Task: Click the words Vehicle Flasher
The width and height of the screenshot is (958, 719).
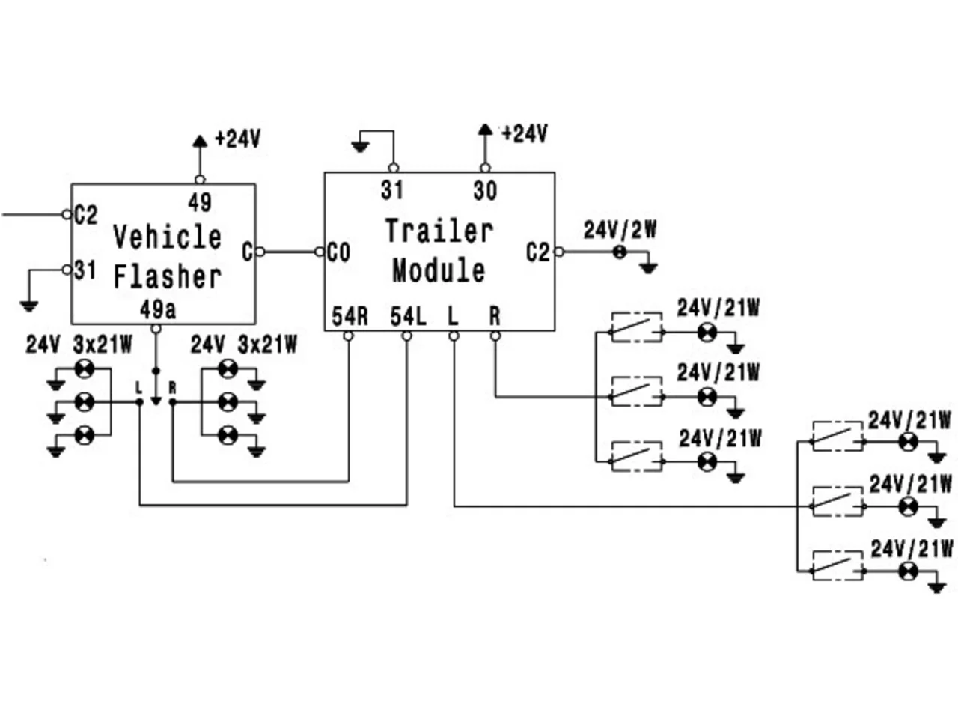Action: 168,257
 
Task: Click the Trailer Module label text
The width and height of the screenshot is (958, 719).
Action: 439,251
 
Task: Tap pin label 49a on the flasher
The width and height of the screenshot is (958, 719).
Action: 158,310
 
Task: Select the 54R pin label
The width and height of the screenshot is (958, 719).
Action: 350,316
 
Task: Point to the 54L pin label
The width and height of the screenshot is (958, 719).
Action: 408,316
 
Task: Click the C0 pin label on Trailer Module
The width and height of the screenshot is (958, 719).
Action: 339,252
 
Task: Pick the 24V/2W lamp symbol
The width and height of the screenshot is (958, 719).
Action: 619,252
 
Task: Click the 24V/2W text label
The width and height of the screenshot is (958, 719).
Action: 620,230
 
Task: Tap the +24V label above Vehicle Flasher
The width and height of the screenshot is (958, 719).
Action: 238,139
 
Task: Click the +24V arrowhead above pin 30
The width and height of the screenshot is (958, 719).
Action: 485,130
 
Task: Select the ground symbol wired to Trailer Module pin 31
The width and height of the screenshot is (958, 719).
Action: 360,147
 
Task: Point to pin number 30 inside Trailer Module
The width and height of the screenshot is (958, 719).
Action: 485,191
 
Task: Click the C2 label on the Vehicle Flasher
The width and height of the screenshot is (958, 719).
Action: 86,215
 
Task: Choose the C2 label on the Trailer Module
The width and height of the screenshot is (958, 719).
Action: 537,252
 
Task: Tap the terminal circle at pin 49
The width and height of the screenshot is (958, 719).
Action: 200,180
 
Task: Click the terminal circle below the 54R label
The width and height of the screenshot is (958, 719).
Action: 348,336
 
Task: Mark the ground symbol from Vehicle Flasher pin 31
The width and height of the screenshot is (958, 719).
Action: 29,306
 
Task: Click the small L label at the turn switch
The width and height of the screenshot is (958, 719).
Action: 138,387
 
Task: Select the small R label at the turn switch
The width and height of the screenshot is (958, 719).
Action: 173,388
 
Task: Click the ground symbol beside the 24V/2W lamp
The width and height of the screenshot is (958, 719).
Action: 649,268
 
